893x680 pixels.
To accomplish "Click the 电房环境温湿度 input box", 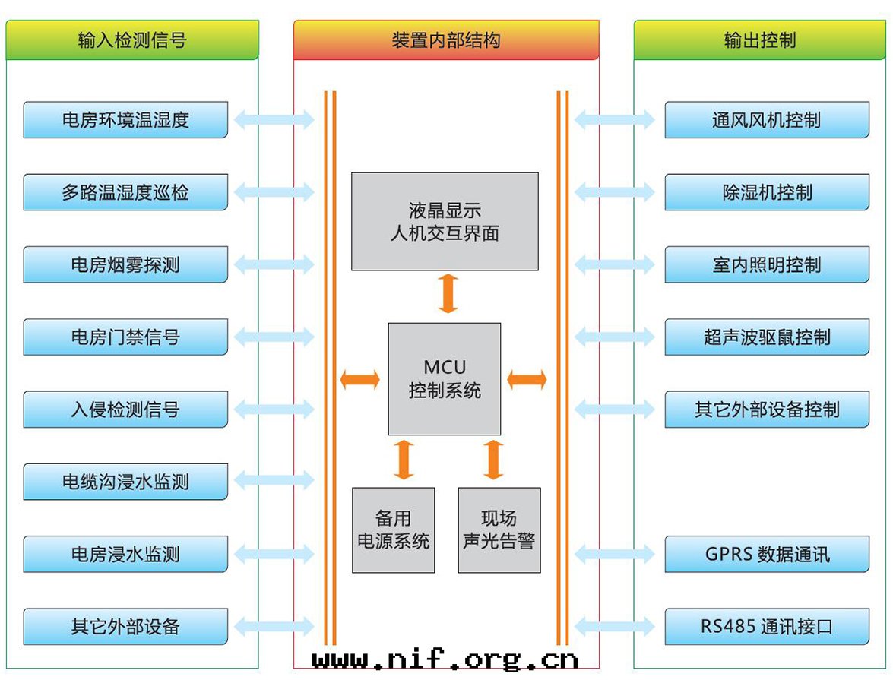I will point(125,120).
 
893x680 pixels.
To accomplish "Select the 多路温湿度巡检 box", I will point(125,192).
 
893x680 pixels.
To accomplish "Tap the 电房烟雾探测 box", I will point(125,264).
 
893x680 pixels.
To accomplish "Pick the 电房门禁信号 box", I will point(125,337).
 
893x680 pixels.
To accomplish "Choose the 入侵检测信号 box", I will point(125,410).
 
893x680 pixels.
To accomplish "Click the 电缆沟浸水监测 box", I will point(125,482).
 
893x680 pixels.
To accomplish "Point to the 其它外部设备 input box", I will point(125,627).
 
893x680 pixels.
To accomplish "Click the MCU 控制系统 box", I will point(445,379).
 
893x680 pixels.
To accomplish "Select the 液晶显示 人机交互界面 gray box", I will point(445,221).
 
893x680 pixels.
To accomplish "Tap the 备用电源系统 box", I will point(394,530).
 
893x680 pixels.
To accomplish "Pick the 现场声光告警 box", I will point(499,530).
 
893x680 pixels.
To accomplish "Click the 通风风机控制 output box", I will point(767,120).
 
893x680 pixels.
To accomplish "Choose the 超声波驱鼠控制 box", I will point(767,337).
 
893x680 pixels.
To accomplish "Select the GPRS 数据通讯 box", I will point(767,554).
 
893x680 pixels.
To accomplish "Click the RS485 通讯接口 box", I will point(767,627).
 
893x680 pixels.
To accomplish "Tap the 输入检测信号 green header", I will point(132,40).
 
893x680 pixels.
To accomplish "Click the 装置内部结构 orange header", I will point(446,40).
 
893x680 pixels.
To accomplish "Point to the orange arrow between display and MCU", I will point(448,294).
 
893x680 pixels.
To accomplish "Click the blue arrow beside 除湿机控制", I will point(614,192).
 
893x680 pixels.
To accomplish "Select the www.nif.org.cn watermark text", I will point(446,658).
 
